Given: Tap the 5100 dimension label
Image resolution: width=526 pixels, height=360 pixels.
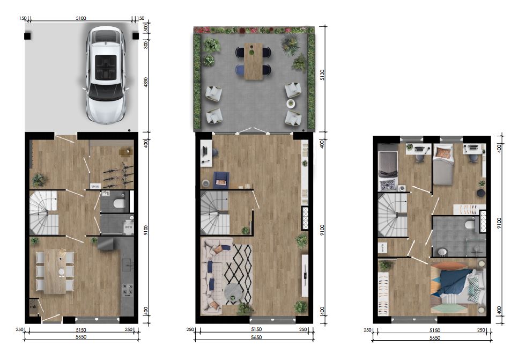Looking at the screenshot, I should click(x=81, y=18).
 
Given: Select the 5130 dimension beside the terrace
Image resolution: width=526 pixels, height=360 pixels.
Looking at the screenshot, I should click(x=322, y=77).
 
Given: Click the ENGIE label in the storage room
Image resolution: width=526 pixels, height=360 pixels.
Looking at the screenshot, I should click(x=95, y=186).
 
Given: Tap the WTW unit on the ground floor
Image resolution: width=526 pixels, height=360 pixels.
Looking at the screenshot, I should click(x=128, y=227).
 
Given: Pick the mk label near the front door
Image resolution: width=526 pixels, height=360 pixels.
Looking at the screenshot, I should click(x=33, y=306).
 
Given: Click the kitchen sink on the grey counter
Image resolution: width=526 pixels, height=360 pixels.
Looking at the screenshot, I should click(x=128, y=263).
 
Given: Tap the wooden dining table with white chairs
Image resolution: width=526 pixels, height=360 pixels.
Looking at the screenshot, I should click(x=54, y=272).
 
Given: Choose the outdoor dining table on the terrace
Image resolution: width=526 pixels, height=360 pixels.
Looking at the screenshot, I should click(x=254, y=61).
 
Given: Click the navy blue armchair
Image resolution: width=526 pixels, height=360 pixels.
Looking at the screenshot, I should click(x=220, y=180).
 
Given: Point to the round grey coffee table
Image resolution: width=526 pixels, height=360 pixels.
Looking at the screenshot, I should click(x=232, y=291).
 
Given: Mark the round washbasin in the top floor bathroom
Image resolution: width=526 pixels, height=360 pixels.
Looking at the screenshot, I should click(x=442, y=252).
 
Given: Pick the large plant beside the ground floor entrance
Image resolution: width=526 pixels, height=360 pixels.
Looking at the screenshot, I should click(x=39, y=179).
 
